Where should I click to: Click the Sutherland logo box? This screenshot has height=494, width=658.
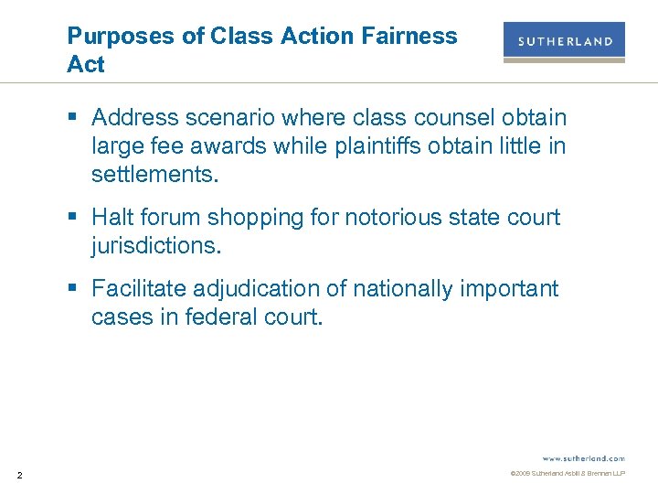tap(564, 41)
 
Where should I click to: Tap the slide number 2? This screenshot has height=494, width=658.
tap(20, 474)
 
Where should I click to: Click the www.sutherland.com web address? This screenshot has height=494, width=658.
tap(583, 457)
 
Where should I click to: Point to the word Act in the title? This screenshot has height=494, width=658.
tap(86, 65)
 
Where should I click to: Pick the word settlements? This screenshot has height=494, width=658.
tap(155, 175)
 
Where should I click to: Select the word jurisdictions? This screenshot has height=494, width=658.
tap(157, 246)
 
